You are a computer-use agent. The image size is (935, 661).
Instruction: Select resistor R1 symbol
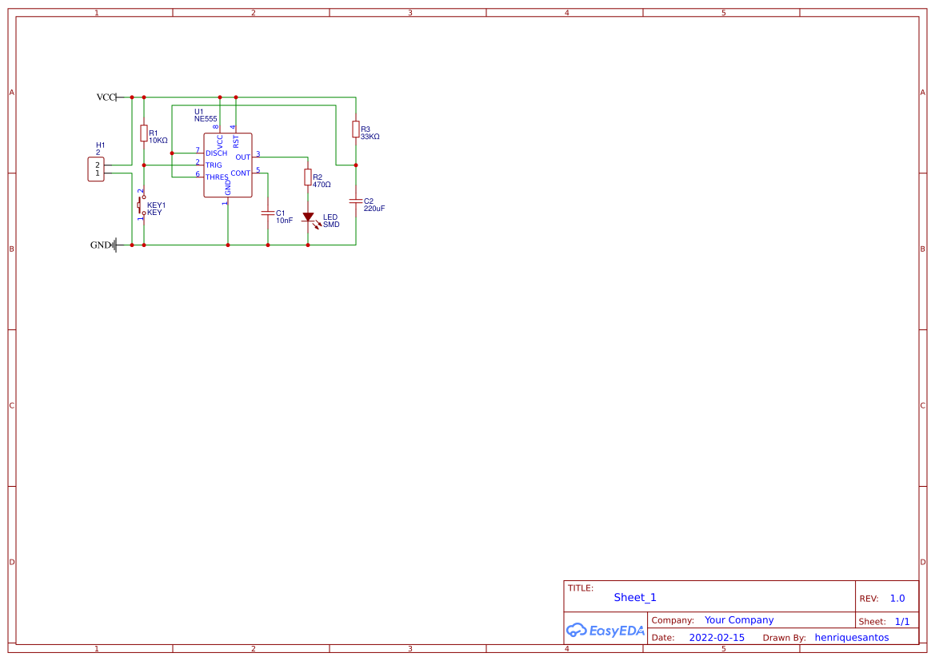click(144, 133)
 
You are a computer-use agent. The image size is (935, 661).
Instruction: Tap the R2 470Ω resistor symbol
click(308, 177)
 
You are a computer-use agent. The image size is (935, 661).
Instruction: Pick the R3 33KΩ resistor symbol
click(356, 129)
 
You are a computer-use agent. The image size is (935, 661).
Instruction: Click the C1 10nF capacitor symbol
click(268, 213)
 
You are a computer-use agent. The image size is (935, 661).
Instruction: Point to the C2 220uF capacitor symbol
click(356, 201)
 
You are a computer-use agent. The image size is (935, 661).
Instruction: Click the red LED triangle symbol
click(308, 217)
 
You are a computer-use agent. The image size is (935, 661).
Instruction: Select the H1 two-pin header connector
click(96, 169)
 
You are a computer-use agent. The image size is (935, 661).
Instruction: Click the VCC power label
click(106, 98)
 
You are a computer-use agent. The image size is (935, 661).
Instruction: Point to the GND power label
click(101, 245)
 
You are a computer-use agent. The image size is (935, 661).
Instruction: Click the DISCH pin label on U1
click(216, 153)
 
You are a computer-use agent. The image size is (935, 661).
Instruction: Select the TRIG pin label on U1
click(214, 165)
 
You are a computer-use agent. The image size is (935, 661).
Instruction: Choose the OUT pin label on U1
click(243, 157)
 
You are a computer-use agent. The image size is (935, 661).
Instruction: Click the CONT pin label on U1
click(240, 173)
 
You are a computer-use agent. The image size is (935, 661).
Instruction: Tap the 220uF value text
click(374, 209)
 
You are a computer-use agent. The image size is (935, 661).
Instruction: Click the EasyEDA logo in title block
click(605, 630)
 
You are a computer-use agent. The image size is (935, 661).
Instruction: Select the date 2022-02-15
click(717, 638)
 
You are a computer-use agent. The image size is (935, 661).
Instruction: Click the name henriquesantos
click(852, 638)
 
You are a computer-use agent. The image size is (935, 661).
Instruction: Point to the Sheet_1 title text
click(635, 598)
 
